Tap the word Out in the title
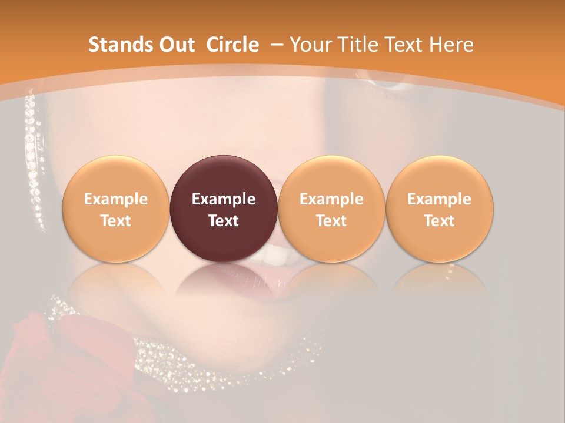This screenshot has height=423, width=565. [175, 45]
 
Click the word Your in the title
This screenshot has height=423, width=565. [310, 45]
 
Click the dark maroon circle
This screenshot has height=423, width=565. [224, 176]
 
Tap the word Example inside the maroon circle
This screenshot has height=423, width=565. [224, 199]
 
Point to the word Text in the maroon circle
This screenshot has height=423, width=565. [224, 221]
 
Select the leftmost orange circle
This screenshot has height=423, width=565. [115, 176]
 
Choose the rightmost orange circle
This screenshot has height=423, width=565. [439, 176]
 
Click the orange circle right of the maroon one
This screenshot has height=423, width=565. [331, 176]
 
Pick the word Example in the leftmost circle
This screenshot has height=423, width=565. [115, 199]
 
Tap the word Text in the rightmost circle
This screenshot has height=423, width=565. [439, 221]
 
